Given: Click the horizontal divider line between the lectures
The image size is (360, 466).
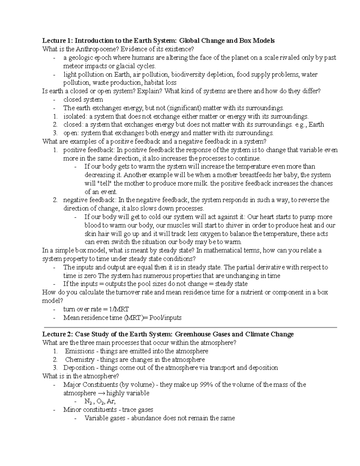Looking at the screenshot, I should tap(190, 327).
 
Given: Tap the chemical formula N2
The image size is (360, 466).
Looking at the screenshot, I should tap(88, 402).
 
